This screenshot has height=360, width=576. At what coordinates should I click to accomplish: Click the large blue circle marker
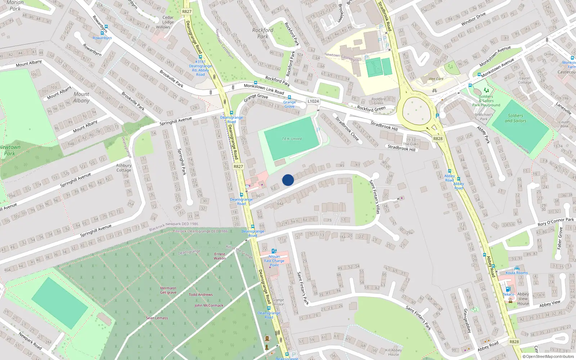tap(288, 180)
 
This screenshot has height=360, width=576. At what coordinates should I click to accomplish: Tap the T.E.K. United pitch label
tap(292, 139)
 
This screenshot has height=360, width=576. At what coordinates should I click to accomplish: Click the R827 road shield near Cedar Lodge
tap(187, 12)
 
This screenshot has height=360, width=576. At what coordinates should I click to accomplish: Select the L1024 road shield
tap(313, 101)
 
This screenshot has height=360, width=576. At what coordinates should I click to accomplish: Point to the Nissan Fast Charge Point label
tap(274, 261)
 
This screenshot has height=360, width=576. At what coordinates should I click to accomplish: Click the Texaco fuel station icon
tap(508, 289)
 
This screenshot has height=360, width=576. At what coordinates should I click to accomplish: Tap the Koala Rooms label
tap(517, 273)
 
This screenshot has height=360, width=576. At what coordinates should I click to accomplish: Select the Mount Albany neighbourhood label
tap(81, 97)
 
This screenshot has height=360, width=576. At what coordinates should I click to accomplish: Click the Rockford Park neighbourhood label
tap(263, 33)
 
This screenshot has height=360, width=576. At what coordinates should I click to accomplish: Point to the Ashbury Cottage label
tap(123, 168)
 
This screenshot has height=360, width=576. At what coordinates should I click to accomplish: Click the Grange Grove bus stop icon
tap(289, 97)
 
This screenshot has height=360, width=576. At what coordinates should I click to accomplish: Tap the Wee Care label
tap(436, 79)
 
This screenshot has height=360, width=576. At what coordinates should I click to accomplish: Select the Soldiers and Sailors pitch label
tap(515, 118)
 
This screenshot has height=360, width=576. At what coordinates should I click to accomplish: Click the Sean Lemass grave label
tap(157, 318)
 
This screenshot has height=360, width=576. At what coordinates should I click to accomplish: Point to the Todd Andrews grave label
tap(201, 294)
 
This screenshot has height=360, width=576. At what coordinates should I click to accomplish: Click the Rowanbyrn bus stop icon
tap(102, 33)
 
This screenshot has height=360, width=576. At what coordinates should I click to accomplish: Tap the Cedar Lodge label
tap(168, 19)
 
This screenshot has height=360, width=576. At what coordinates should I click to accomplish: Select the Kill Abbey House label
tap(393, 352)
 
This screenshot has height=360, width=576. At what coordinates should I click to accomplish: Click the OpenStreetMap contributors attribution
tap(548, 356)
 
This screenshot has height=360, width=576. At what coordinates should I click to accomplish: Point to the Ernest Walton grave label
tap(220, 256)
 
